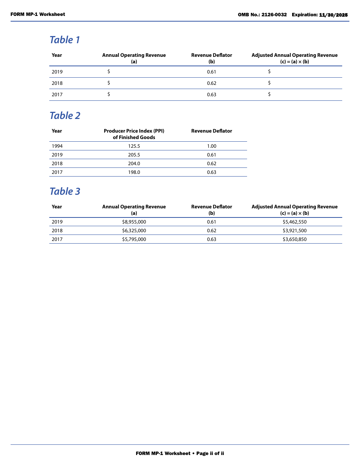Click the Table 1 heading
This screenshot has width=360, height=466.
64,40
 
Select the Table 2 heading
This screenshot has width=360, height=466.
65,116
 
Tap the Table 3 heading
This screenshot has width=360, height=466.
65,191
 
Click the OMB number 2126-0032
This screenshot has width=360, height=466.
274,15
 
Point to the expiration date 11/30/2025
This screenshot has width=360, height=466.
333,15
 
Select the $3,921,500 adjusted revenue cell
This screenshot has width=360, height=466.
294,231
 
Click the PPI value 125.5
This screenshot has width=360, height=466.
134,146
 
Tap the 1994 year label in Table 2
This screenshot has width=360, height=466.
57,146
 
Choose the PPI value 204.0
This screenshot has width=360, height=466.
134,164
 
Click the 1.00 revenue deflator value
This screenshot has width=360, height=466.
211,146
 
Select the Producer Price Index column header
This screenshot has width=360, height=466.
134,134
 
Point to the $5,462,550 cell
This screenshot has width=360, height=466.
294,222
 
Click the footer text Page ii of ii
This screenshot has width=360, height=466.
210,453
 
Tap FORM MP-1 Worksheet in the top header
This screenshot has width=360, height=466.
38,14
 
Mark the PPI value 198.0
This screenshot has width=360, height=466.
134,172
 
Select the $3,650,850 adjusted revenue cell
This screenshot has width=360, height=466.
294,239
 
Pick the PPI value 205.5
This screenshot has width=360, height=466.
134,155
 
